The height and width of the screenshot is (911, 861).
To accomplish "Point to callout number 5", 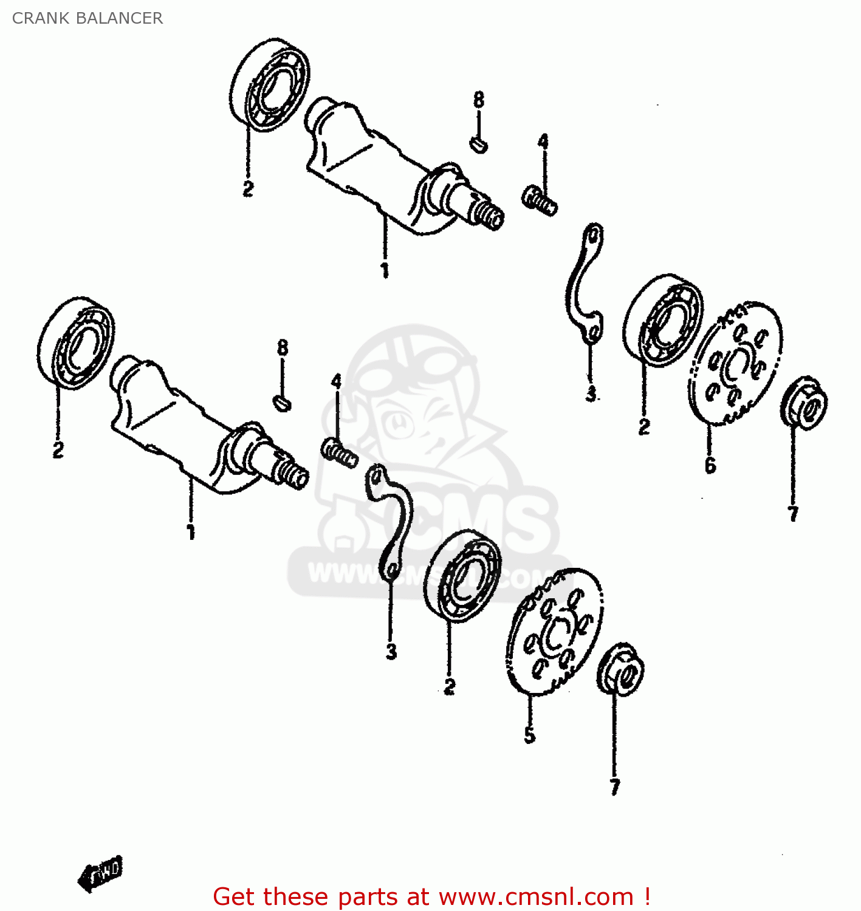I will point(530,735).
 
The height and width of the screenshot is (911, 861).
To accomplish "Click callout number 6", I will point(710,465).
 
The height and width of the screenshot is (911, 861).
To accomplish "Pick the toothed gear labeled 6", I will point(736,363).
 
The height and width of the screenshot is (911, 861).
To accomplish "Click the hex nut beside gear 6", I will point(804,403).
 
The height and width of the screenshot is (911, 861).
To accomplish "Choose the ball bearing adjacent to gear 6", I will point(663,320).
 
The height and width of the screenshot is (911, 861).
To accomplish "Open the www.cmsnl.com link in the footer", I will point(536,897).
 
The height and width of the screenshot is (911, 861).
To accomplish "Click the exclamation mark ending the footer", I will point(647,896).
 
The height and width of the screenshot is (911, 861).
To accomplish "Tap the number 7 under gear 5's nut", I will point(615,787).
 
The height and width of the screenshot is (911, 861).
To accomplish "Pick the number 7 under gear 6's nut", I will point(793,514).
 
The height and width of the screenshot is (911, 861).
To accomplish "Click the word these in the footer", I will point(297,897).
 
